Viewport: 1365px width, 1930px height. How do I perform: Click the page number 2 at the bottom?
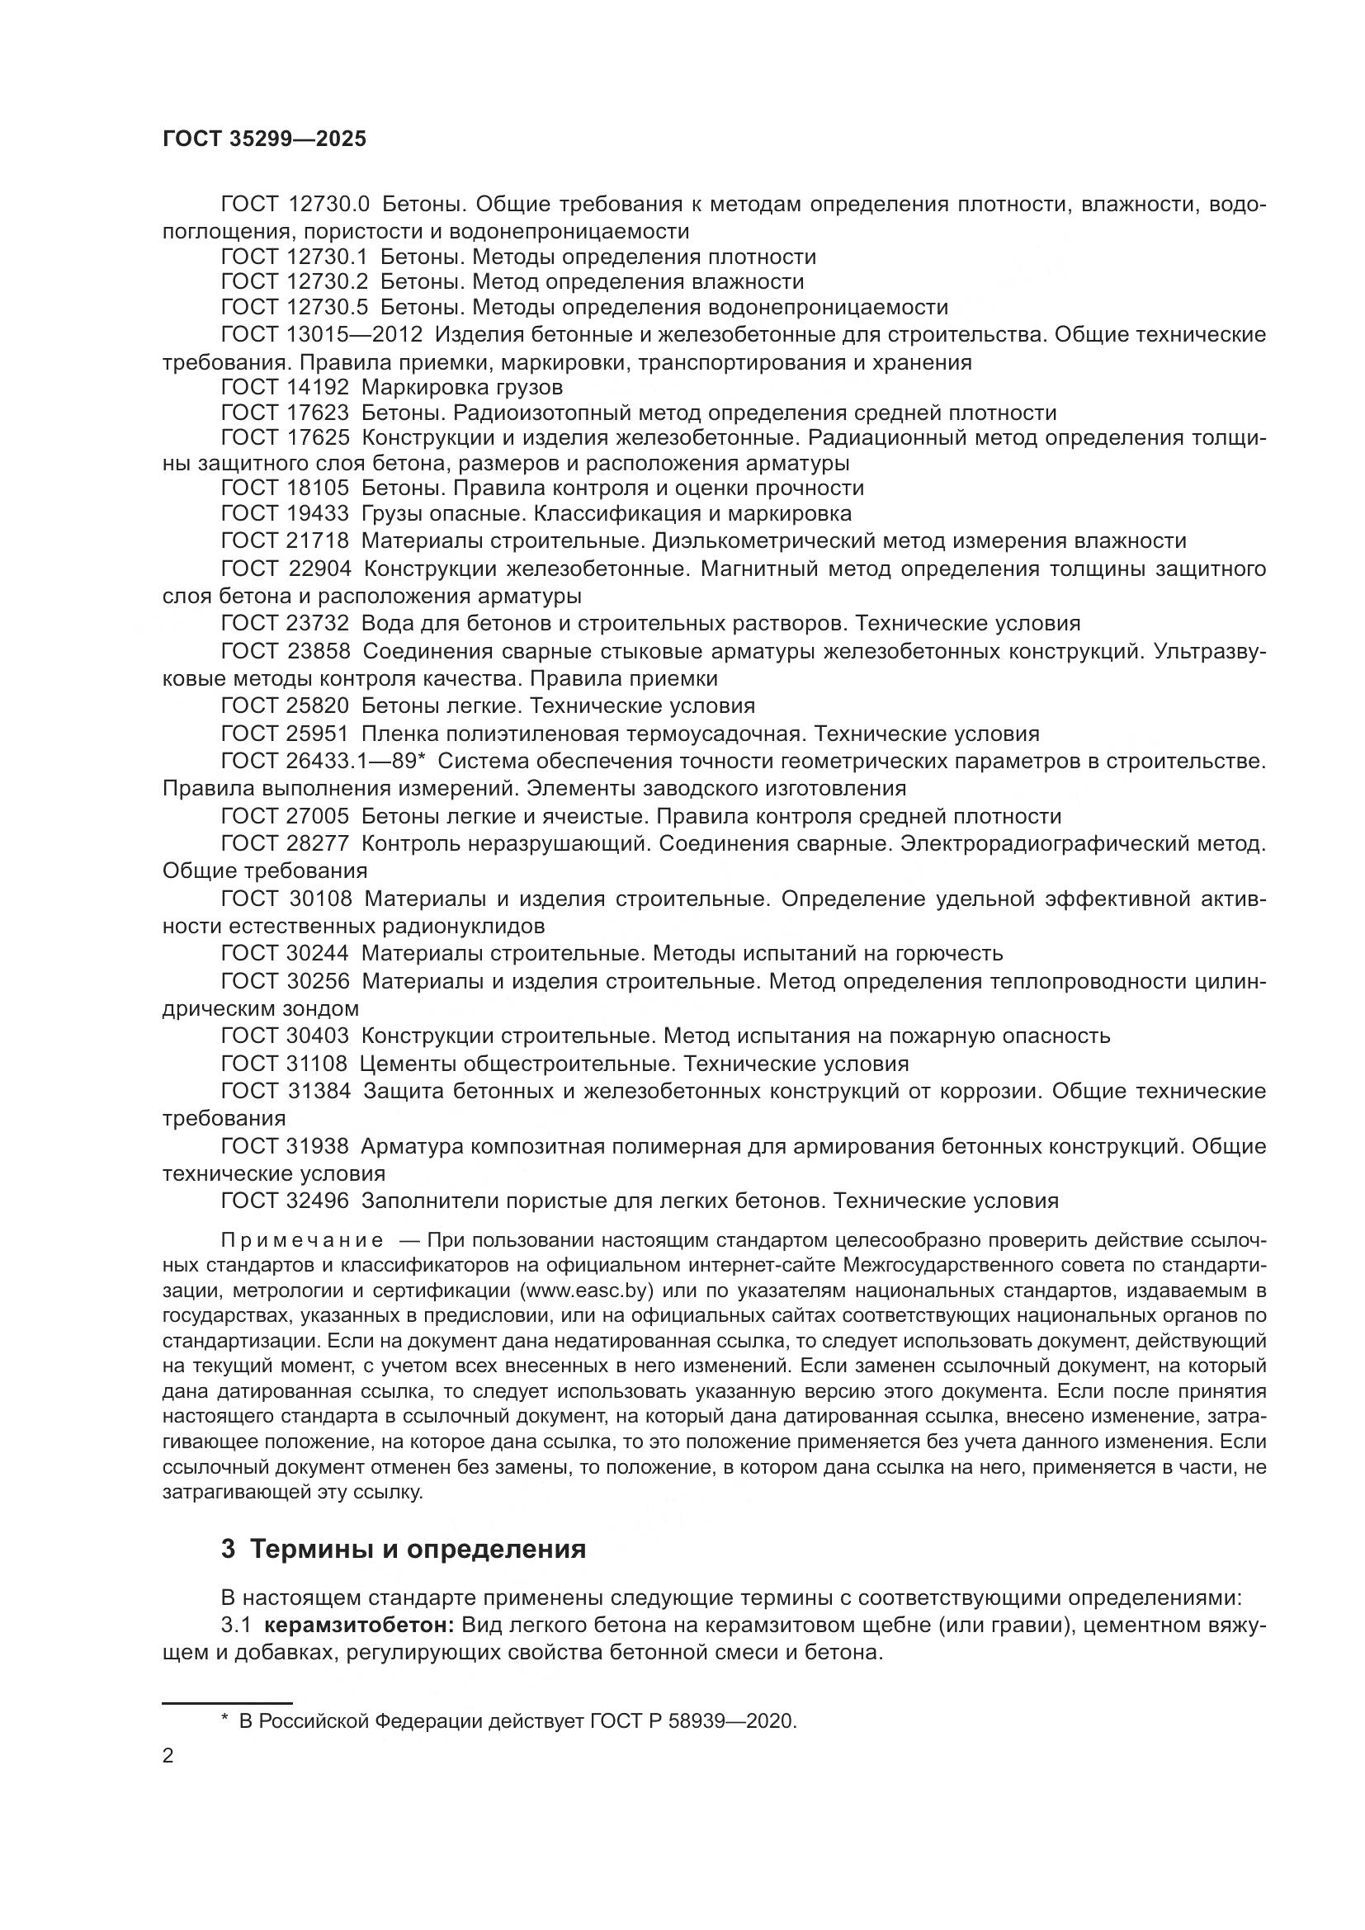point(168,1756)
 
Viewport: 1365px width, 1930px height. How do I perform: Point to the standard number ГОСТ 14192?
point(285,388)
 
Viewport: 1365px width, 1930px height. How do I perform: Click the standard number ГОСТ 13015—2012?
point(321,334)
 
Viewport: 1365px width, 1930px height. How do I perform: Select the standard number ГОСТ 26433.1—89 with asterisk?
point(324,761)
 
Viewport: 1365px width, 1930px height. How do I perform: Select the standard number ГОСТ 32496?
point(285,1201)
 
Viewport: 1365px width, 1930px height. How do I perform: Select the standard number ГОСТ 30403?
point(285,1036)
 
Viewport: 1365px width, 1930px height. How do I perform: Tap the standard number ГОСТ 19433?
point(285,513)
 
